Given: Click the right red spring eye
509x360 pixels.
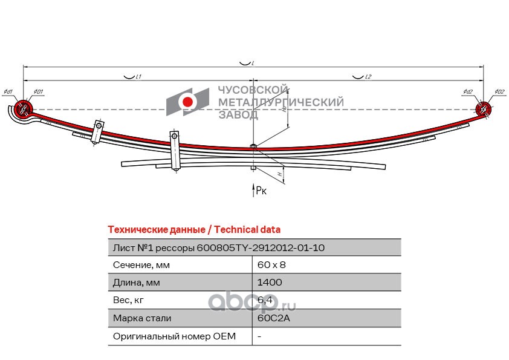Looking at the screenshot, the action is (x=483, y=108).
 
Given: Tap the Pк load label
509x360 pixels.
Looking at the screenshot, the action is (x=261, y=191).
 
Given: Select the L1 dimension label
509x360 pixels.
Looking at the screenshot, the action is (x=138, y=77).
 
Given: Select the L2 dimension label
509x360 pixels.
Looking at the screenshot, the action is (x=368, y=77).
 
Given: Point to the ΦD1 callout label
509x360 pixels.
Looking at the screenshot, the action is (x=37, y=92).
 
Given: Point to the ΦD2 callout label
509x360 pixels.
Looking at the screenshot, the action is (x=499, y=92).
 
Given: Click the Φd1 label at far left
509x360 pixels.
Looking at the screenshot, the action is (x=8, y=92).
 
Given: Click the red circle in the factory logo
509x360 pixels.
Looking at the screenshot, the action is (x=188, y=102).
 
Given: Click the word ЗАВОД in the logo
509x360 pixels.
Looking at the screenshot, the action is (x=238, y=114).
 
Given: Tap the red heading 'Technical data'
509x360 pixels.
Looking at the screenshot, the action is (x=247, y=230).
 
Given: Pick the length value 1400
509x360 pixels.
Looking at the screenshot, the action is (x=269, y=283).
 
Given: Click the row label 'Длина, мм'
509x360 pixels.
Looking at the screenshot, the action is (x=136, y=283).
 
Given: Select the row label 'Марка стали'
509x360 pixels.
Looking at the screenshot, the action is (x=142, y=318).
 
